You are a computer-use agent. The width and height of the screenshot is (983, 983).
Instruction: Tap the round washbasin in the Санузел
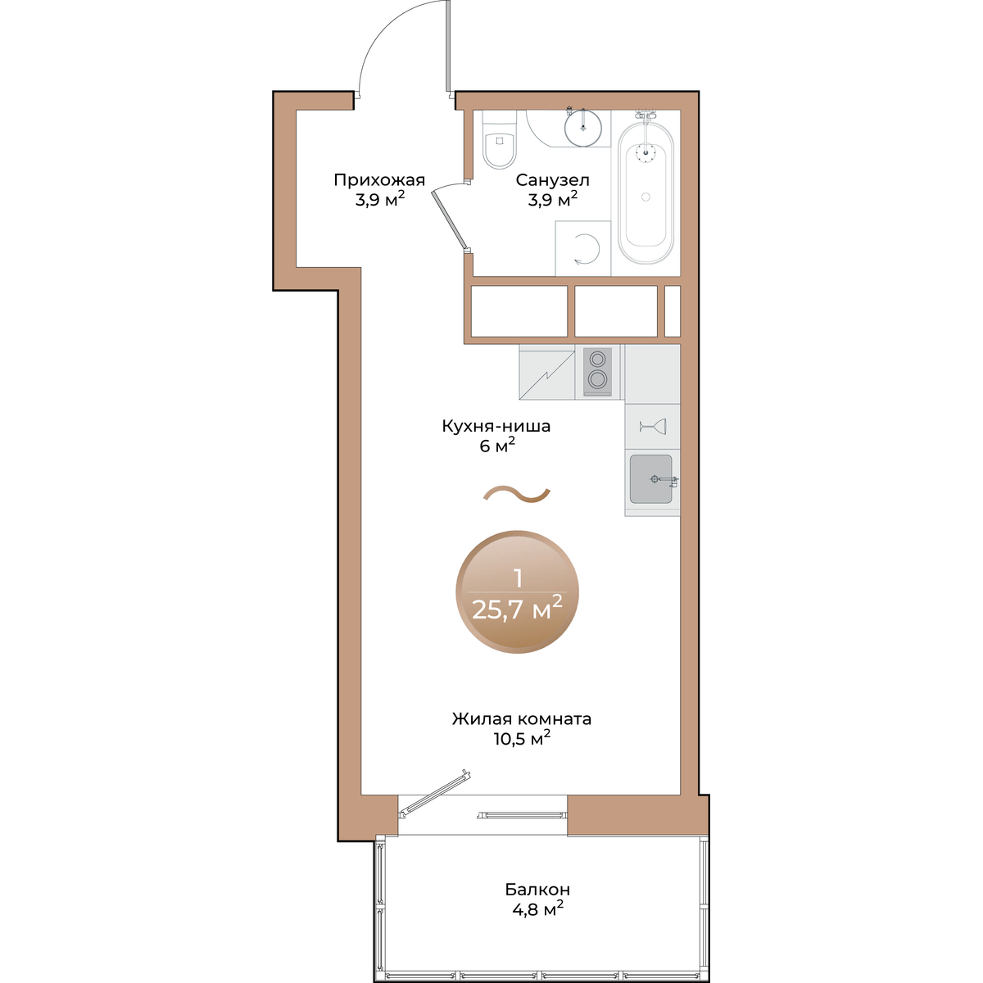582,128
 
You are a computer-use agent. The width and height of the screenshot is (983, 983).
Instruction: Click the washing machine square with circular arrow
582,248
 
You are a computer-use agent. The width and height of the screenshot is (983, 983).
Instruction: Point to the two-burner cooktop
597,371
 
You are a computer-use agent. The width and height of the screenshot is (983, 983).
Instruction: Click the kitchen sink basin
651,479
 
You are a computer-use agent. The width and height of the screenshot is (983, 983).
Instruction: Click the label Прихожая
379,180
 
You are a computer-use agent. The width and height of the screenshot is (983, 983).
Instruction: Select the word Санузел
552,180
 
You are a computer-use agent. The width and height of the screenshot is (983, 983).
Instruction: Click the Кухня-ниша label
496,426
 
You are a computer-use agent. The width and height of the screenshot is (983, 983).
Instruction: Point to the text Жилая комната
521,719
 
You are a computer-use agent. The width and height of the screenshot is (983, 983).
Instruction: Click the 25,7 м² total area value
517,608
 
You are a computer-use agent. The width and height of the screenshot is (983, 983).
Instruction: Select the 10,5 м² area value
521,738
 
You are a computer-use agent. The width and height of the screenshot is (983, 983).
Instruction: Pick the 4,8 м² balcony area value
537,908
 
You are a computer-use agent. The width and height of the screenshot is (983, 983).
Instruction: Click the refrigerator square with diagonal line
547,371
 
